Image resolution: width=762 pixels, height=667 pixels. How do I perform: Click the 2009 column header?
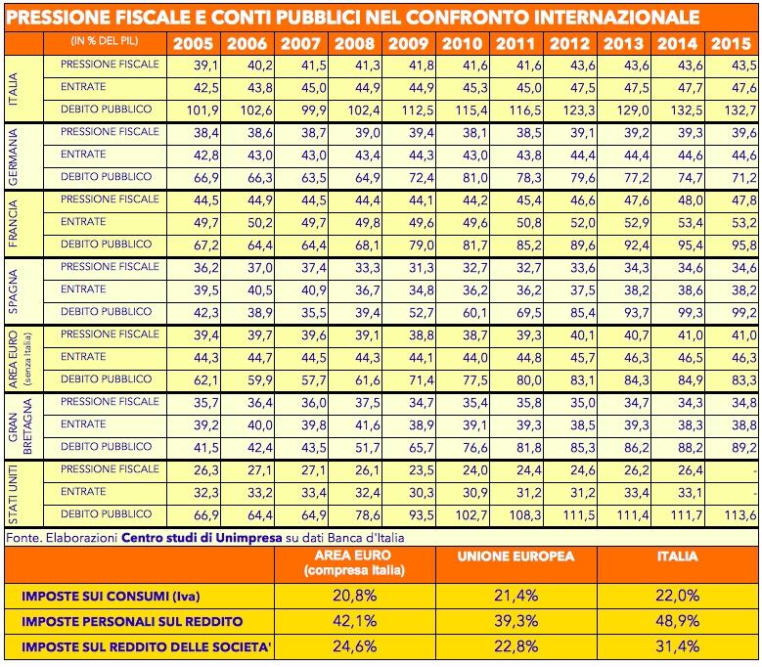408,44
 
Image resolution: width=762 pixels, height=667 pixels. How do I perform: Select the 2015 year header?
732,44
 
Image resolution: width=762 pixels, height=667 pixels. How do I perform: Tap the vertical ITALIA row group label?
13,89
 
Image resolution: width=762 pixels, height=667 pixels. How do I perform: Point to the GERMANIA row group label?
13,156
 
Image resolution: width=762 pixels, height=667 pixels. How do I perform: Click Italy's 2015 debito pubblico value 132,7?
740,111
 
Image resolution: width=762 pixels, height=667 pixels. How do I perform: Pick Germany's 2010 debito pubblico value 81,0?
474,178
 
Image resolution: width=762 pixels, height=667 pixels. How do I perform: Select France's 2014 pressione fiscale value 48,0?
690,200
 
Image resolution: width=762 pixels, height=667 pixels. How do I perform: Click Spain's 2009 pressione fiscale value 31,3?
421,268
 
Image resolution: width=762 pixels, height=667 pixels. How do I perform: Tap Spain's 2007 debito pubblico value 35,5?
313,312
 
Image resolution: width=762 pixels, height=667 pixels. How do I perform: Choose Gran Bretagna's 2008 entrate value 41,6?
368,425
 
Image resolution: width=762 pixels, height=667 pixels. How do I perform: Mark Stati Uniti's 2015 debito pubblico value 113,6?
740,515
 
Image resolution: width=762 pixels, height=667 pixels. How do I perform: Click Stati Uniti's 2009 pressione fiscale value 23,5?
421,470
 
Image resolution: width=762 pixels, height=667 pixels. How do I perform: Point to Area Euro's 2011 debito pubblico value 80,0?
529,379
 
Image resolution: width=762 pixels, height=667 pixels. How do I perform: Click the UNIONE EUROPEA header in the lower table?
515,556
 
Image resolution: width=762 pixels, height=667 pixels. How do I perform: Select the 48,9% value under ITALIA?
678,621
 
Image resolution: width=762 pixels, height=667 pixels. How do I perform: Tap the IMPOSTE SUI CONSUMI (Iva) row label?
111,596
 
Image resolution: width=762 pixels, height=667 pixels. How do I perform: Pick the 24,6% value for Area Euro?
355,646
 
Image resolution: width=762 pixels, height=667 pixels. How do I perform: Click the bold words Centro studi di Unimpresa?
202,538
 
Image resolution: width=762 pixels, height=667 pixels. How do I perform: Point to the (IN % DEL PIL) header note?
105,41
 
